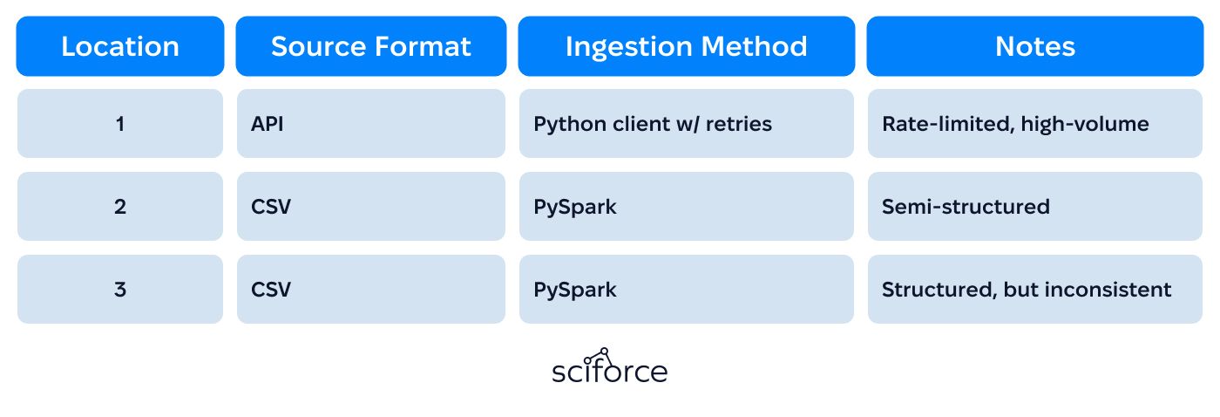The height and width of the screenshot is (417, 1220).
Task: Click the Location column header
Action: [120, 46]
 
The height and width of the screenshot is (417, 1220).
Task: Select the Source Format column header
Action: [371, 46]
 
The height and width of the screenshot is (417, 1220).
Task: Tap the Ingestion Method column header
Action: [687, 46]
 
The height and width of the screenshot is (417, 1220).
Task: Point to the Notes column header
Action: [1035, 46]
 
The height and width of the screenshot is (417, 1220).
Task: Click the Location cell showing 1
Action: [120, 124]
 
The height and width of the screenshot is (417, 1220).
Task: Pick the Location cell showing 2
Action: [120, 207]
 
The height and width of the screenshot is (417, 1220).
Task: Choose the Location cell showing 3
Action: [120, 290]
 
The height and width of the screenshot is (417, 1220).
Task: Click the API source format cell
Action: [371, 124]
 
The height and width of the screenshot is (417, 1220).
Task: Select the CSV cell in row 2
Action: [371, 207]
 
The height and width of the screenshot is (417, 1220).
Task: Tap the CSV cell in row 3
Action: [371, 290]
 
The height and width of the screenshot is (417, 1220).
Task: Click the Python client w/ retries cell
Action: [687, 124]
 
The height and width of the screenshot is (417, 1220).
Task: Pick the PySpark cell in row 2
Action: [687, 207]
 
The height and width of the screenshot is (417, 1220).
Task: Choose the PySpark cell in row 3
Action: [687, 290]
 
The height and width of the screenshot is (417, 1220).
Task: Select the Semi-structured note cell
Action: [1035, 207]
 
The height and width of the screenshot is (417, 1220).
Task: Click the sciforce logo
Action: [609, 366]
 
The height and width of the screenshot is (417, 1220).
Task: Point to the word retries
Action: [739, 124]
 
